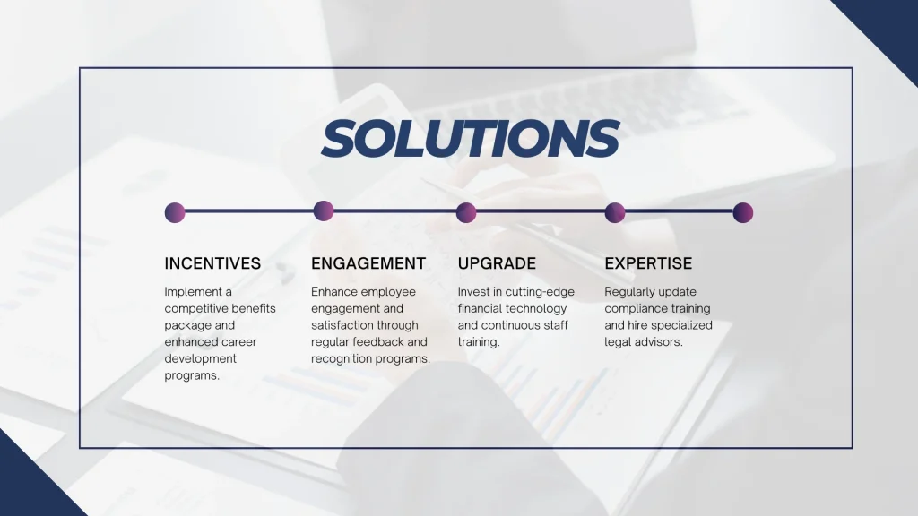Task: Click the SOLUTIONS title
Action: [x=470, y=139]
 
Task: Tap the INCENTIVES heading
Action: [x=212, y=263]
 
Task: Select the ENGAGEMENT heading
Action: [x=368, y=263]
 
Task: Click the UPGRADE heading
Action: [x=497, y=263]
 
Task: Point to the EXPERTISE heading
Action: [x=648, y=263]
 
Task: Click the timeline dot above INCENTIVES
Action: [x=175, y=212]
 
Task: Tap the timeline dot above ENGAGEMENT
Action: [x=324, y=211]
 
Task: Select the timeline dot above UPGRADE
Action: [x=466, y=212]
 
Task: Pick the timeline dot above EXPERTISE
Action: [x=615, y=212]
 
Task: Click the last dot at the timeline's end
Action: [x=742, y=212]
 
